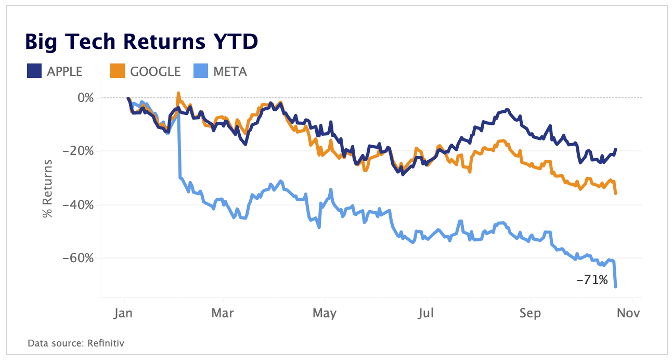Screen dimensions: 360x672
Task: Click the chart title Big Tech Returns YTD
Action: point(141,42)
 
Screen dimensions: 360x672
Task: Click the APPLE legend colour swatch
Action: point(34,71)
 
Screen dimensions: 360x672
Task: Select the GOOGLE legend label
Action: point(156,72)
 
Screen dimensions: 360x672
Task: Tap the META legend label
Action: point(230,72)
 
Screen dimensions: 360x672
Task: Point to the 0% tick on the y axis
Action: point(85,98)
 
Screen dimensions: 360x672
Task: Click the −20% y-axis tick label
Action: point(79,151)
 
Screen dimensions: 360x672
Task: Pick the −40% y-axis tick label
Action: point(79,205)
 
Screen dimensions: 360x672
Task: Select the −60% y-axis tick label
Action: point(79,259)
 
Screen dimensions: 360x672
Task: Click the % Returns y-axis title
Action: point(48,188)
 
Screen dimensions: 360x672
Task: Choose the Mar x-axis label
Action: point(223,313)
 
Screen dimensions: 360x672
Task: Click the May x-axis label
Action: point(325,313)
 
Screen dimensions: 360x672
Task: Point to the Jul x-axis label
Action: point(427,313)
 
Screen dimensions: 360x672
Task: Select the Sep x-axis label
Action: point(531,313)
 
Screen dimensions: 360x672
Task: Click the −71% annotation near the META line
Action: point(592,280)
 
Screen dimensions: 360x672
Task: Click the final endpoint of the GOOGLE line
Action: point(616,194)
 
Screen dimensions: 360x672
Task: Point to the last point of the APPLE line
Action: point(616,149)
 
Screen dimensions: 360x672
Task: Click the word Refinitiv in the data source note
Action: point(106,343)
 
